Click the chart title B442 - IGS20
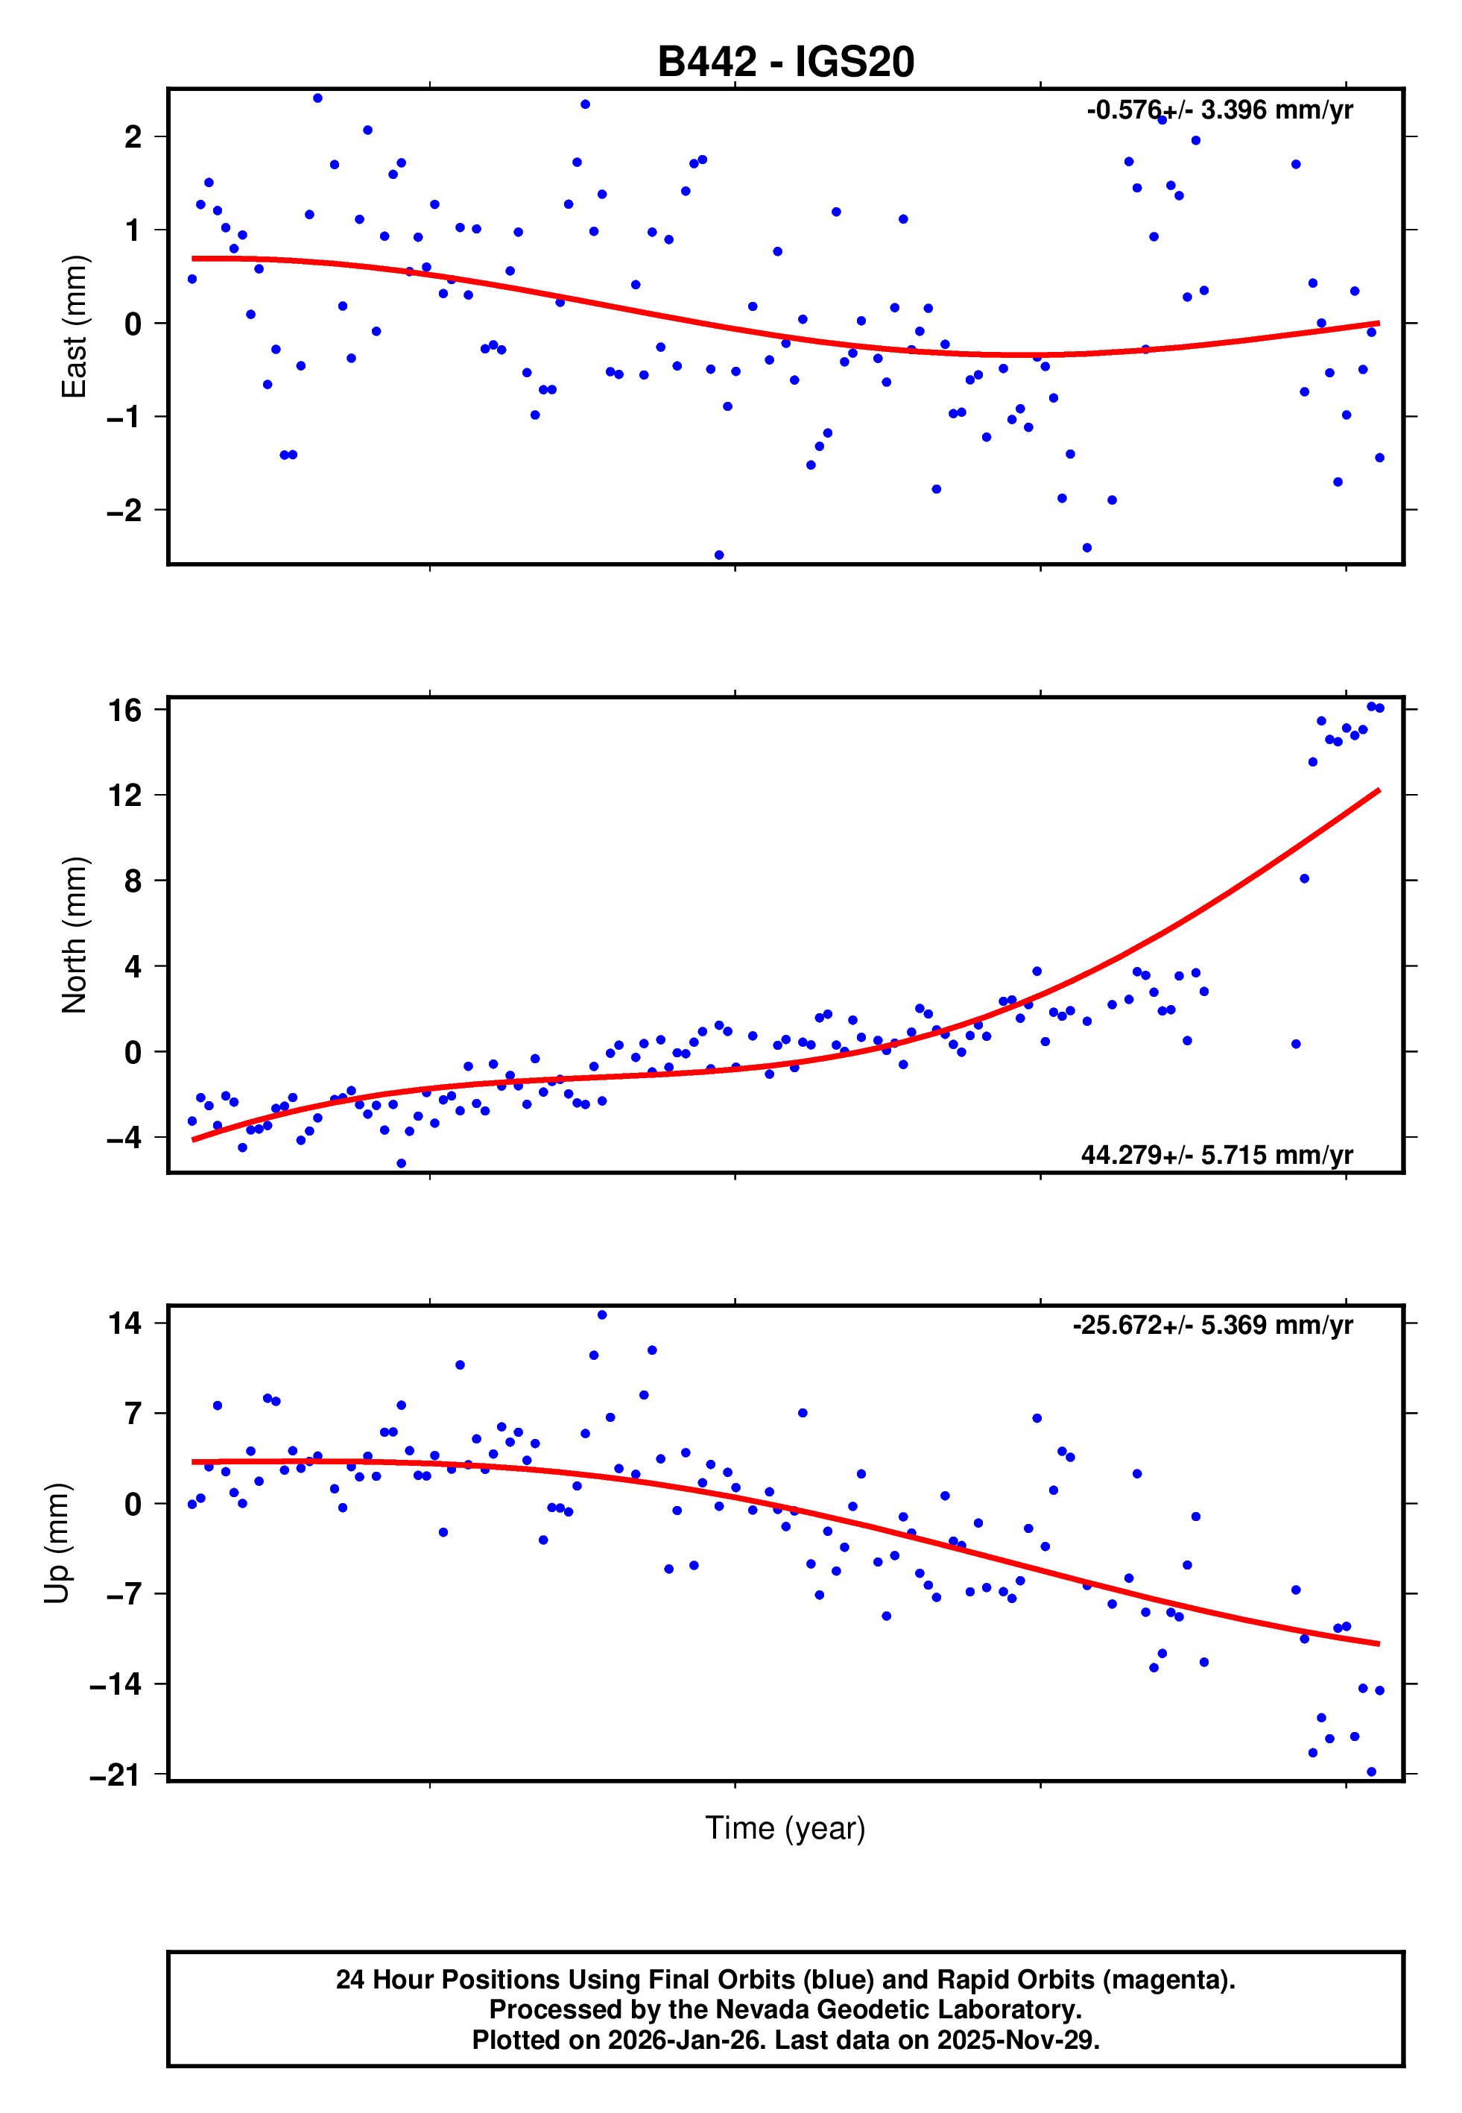click(x=785, y=63)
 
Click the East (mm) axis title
click(x=73, y=327)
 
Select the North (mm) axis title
click(x=73, y=935)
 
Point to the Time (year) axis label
click(x=785, y=1827)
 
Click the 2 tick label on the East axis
click(x=133, y=137)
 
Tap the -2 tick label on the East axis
click(x=124, y=511)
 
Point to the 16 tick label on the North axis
click(x=125, y=710)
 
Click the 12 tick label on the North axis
click(x=125, y=796)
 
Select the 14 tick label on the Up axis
click(x=125, y=1323)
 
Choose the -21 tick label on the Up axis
click(x=116, y=1775)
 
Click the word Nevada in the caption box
click(x=756, y=2009)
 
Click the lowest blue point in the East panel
click(x=719, y=555)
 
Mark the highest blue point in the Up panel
click(x=602, y=1315)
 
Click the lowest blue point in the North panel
click(x=401, y=1164)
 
